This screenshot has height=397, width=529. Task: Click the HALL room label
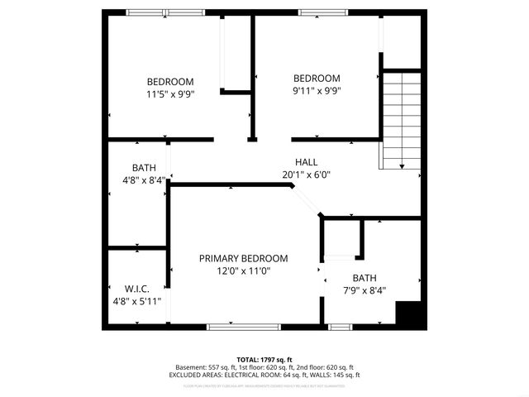click(x=306, y=162)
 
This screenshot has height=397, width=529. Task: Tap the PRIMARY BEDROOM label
click(x=243, y=258)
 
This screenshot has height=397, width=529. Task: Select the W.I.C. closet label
click(x=137, y=289)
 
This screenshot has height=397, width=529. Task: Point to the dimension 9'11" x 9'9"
click(x=317, y=91)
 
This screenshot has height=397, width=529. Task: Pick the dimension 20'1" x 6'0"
click(x=306, y=175)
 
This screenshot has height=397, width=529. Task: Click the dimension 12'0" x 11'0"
click(x=243, y=270)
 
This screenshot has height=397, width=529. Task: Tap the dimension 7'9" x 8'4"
click(x=364, y=289)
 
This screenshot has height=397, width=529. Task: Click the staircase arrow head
click(x=402, y=166)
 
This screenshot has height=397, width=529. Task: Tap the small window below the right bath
click(x=339, y=327)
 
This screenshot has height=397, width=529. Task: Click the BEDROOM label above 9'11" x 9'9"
click(x=317, y=79)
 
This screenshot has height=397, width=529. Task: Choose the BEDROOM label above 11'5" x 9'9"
click(x=170, y=81)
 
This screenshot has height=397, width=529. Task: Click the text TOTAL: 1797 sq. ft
click(x=264, y=359)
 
